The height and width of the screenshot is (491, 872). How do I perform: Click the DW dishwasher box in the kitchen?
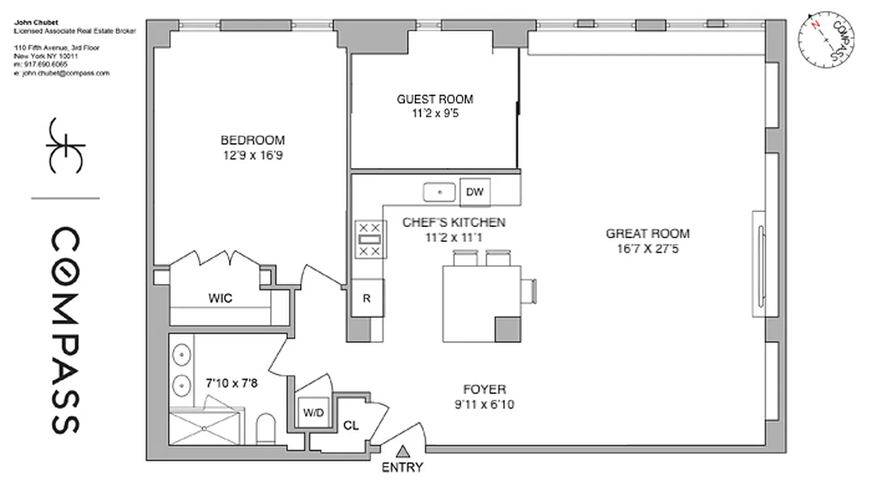tap(474, 192)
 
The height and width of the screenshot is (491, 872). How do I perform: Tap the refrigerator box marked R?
tap(367, 299)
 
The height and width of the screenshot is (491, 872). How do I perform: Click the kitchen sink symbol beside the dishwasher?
tap(439, 192)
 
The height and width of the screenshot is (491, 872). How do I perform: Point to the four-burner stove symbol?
tap(371, 239)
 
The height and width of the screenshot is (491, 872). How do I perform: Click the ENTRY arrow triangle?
tap(403, 452)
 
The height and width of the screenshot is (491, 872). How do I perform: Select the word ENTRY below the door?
tap(403, 468)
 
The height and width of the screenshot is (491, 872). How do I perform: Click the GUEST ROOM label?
tap(435, 99)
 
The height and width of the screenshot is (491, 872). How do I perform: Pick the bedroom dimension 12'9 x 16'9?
tap(253, 155)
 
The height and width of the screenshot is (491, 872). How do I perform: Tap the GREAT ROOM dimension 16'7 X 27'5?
tap(647, 249)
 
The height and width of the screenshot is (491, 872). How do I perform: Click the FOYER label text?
tap(485, 389)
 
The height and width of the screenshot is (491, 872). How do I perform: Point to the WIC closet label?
tap(220, 299)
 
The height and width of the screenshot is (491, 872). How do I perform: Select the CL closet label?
tap(351, 425)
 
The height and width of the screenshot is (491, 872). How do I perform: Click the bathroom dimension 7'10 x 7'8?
tap(231, 384)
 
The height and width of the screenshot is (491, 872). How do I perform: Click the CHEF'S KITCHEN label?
tap(454, 222)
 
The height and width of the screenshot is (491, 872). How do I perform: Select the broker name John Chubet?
tap(36, 23)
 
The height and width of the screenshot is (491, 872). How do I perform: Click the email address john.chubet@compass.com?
tap(61, 73)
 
